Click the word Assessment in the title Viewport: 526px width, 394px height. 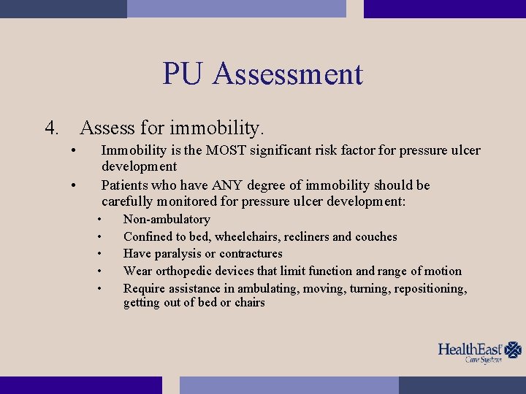point(288,74)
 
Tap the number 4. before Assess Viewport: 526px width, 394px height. point(52,128)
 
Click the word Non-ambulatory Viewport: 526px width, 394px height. point(167,220)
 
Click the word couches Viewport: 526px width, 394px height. point(376,236)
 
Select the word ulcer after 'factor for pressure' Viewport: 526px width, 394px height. point(465,150)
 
